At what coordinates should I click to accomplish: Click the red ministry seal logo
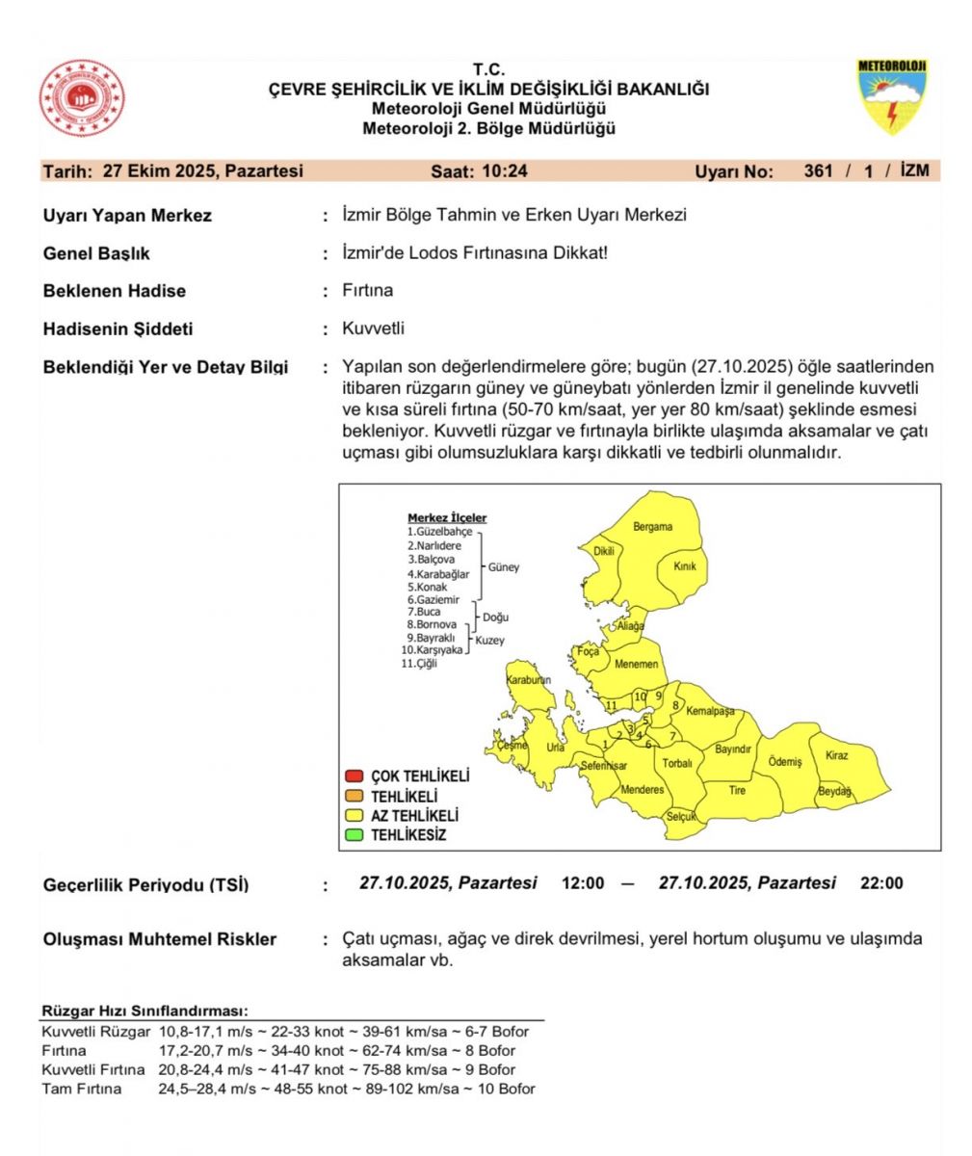click(x=82, y=98)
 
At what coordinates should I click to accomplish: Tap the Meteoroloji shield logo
click(x=892, y=97)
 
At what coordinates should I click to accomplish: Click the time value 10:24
click(x=505, y=171)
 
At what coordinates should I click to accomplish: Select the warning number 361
click(x=819, y=171)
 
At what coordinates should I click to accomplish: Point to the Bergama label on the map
click(x=652, y=527)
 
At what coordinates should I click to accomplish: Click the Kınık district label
click(x=685, y=566)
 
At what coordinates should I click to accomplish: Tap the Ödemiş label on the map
click(x=784, y=762)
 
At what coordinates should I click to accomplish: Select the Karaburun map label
click(x=528, y=680)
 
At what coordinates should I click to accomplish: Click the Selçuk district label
click(x=681, y=817)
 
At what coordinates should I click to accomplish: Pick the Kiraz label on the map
click(x=836, y=755)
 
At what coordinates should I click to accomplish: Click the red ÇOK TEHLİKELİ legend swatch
click(x=354, y=776)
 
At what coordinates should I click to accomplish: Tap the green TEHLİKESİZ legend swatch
click(x=354, y=835)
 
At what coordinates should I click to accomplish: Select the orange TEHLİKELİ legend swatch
click(x=354, y=797)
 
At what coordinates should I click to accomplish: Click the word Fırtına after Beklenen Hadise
click(x=367, y=291)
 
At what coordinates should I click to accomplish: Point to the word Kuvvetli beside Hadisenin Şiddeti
click(x=373, y=328)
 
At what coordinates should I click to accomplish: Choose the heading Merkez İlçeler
click(x=447, y=518)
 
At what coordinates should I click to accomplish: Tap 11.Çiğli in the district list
click(x=419, y=664)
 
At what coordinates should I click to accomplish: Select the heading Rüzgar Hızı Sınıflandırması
click(x=144, y=1011)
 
